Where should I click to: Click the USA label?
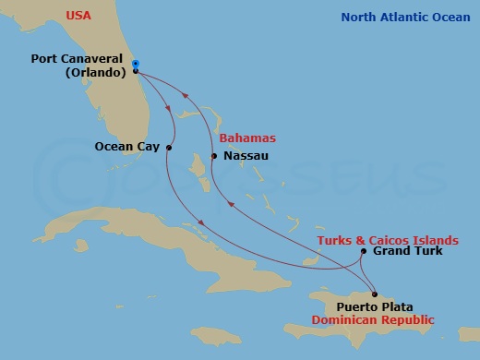(x=78, y=16)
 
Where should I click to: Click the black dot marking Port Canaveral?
(x=136, y=71)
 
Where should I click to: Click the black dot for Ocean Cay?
(x=170, y=146)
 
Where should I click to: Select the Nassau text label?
(x=246, y=156)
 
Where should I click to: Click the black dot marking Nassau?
(x=214, y=156)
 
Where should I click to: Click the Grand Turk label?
(x=407, y=251)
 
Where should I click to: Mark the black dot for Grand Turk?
(x=364, y=251)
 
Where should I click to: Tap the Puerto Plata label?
(x=375, y=307)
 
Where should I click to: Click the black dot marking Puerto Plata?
(x=374, y=294)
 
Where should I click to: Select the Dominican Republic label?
(x=372, y=320)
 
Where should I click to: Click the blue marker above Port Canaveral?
(x=136, y=63)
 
